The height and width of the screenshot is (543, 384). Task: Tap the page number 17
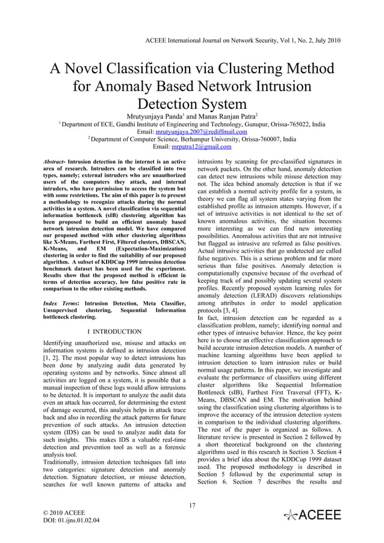pyautogui.click(x=193, y=505)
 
